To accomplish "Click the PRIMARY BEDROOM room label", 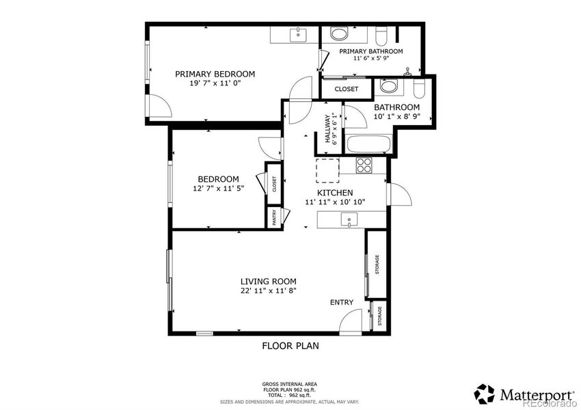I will click(215, 74).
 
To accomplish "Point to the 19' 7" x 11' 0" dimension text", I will click(215, 83).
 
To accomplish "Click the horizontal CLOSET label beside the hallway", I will click(346, 89).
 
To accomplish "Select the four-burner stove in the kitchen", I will click(364, 165).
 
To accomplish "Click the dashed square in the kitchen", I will click(326, 170).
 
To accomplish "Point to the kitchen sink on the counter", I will click(350, 220).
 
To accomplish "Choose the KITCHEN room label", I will click(334, 193).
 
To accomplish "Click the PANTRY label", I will click(274, 218).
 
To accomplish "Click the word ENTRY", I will click(342, 302).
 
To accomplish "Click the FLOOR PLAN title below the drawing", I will click(290, 346).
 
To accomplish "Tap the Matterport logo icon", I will click(484, 394).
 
